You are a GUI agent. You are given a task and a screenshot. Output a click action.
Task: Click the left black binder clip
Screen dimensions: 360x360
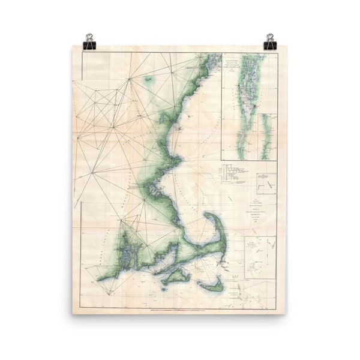coord(90,42)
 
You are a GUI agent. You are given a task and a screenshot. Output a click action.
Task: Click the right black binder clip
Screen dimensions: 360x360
coord(270,42)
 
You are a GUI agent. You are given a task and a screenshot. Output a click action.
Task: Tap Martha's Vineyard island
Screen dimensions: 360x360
coord(177,277)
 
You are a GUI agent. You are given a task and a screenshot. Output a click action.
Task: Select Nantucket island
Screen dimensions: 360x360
coord(211,286)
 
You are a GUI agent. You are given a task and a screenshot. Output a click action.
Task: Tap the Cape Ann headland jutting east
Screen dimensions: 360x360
coord(178,161)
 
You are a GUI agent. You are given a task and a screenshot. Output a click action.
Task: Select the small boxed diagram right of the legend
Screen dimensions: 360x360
coord(266,183)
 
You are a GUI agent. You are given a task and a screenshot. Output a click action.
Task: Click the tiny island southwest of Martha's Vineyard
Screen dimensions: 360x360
coord(163,289)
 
